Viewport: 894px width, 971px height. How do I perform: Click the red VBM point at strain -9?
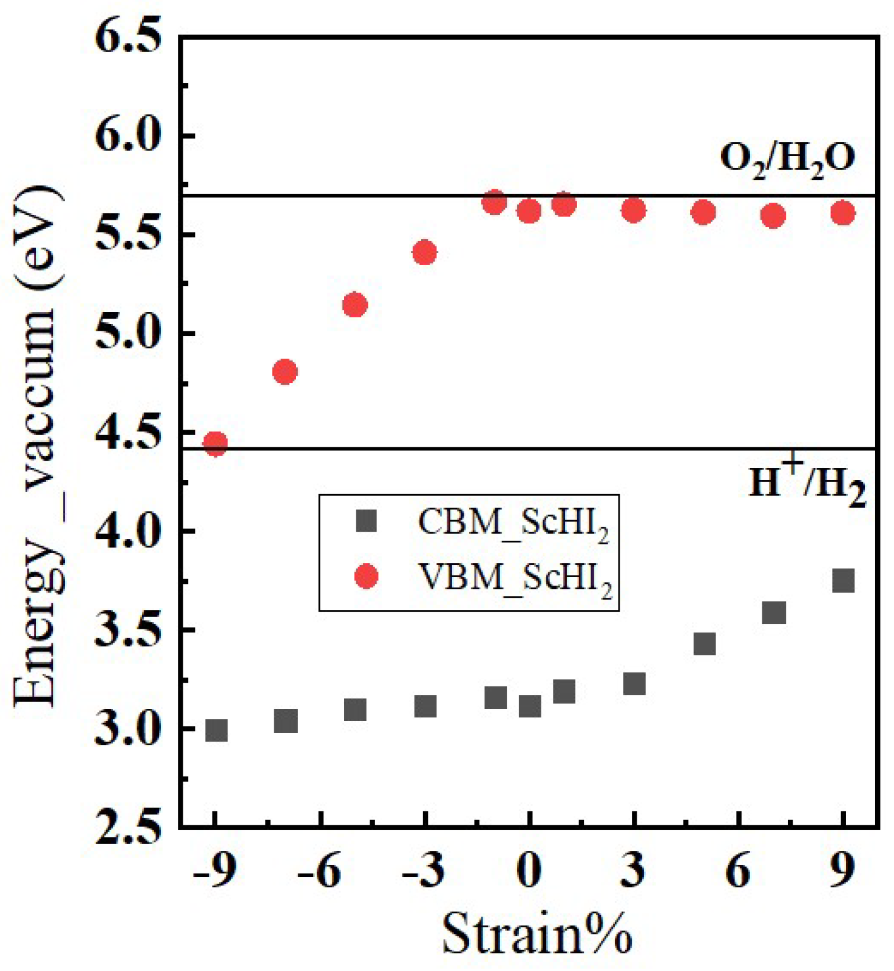click(x=215, y=444)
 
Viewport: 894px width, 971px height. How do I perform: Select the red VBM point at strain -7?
click(x=285, y=371)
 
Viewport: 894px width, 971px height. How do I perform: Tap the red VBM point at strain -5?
click(x=355, y=305)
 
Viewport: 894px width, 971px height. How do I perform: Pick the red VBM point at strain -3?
click(x=425, y=252)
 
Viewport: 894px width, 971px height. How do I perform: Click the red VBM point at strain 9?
click(x=843, y=213)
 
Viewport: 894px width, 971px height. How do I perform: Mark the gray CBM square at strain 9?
click(x=844, y=581)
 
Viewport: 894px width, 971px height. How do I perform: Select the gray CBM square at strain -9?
click(x=216, y=730)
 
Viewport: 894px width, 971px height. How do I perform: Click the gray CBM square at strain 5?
click(x=705, y=644)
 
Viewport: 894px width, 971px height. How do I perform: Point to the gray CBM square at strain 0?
click(x=530, y=706)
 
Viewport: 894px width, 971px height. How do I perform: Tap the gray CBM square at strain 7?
click(x=774, y=612)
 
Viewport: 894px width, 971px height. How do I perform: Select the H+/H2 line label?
click(x=807, y=482)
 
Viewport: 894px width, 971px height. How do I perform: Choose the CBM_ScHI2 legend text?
click(x=513, y=523)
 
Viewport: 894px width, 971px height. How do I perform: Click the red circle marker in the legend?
click(x=367, y=576)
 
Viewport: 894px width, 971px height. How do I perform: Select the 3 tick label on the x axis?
click(x=633, y=871)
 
